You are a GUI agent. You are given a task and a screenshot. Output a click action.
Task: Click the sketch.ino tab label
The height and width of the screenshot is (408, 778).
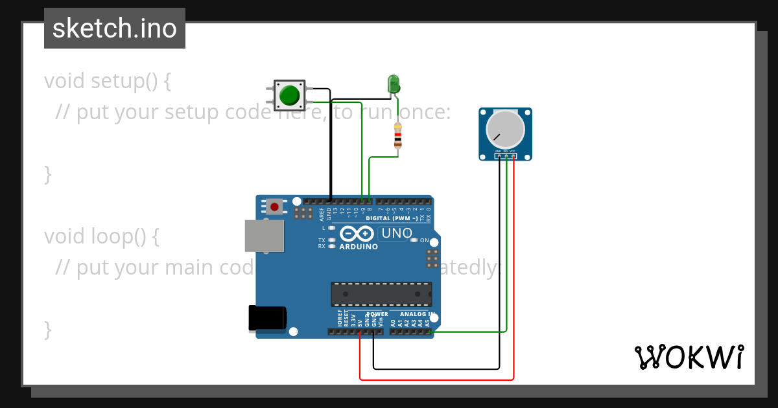(x=115, y=28)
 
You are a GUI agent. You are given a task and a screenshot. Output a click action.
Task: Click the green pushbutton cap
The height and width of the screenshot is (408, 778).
(x=289, y=96)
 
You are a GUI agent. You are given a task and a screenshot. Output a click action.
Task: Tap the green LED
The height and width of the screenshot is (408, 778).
(x=394, y=84)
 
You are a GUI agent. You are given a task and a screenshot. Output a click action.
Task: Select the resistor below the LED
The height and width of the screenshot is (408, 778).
(x=398, y=137)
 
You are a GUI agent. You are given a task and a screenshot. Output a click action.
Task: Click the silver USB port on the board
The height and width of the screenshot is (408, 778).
(x=264, y=235)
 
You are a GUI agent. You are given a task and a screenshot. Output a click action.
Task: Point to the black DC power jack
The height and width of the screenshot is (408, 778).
(x=267, y=319)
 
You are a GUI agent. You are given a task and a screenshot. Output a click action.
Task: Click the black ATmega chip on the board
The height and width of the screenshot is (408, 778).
(x=381, y=293)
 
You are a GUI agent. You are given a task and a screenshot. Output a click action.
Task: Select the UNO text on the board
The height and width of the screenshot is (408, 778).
(x=396, y=233)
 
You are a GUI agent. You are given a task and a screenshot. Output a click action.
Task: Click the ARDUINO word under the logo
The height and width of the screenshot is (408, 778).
(x=359, y=247)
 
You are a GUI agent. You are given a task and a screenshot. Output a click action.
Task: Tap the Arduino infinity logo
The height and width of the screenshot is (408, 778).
(x=356, y=234)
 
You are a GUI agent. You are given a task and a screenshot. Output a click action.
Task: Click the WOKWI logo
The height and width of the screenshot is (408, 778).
(x=689, y=357)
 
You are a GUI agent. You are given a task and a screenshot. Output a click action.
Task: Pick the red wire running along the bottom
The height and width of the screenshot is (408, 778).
(x=436, y=380)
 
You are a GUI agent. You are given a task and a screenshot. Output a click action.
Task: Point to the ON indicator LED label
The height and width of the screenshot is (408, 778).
(x=424, y=240)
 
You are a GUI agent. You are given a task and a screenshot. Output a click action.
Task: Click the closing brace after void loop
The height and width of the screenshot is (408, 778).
(x=47, y=329)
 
